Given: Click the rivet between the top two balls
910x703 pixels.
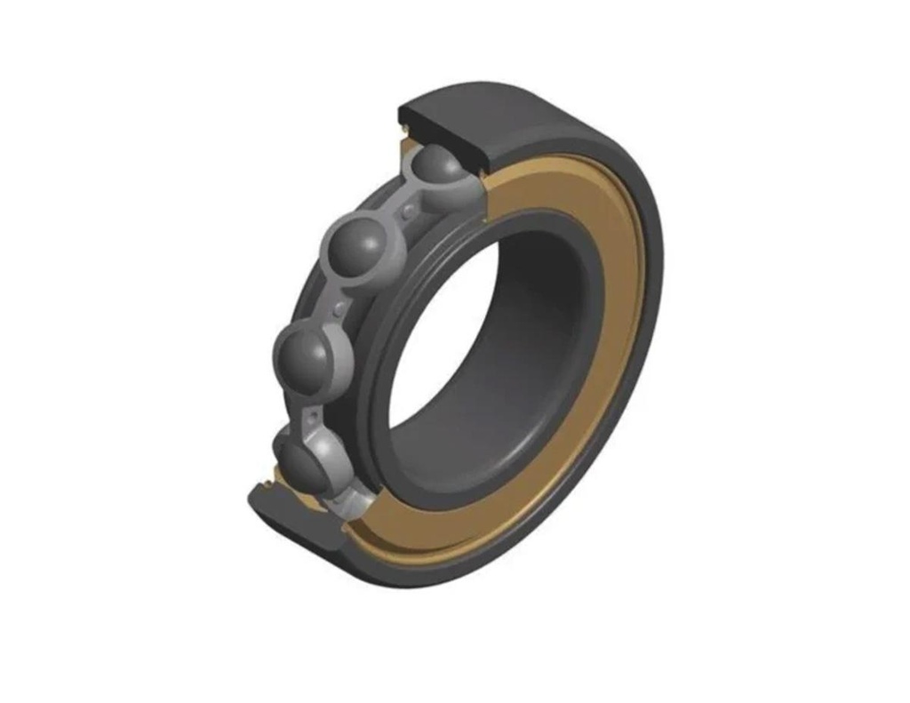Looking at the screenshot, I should coord(407,211).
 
